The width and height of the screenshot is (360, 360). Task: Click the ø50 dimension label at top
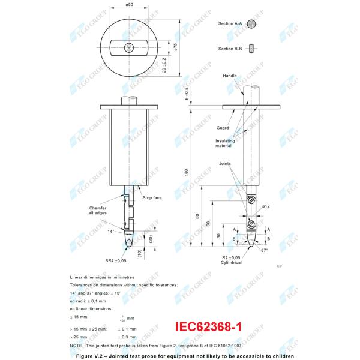click(x=130, y=5)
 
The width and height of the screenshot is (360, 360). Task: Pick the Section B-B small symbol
click(x=255, y=49)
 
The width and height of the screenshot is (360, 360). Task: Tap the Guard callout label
click(x=223, y=128)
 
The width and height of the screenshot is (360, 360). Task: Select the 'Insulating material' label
click(x=225, y=143)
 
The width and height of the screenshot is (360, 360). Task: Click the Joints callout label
click(x=225, y=163)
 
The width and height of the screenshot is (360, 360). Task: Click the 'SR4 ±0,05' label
click(x=116, y=261)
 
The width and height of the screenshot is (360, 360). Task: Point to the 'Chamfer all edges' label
click(x=97, y=210)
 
